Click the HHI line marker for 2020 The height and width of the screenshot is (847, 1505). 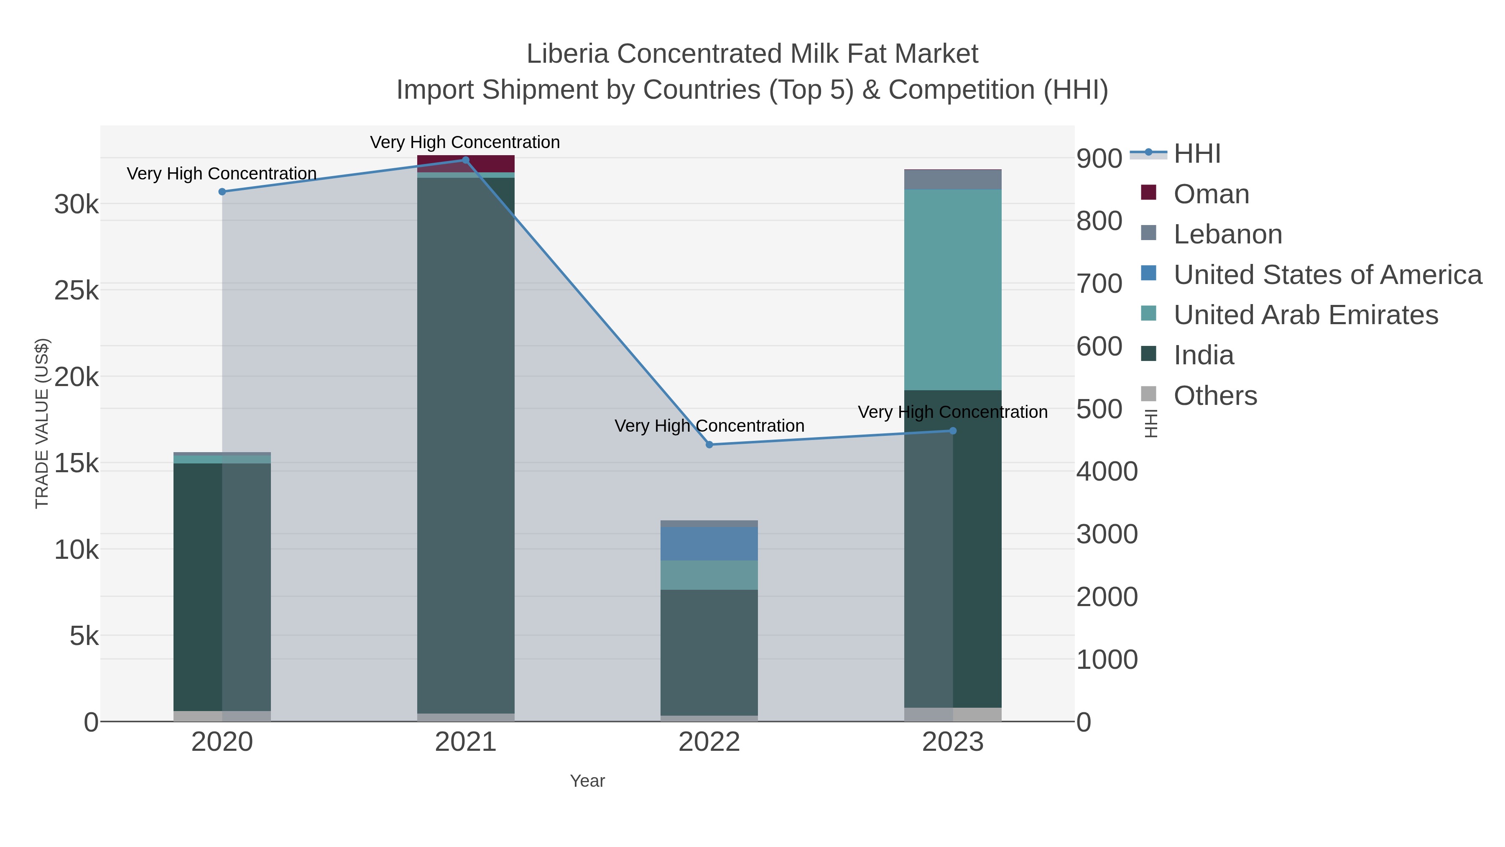222,192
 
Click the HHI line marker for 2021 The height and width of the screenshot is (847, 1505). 466,160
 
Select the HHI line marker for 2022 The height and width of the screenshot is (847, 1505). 709,445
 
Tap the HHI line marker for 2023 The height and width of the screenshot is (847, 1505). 953,431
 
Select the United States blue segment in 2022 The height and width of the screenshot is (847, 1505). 709,544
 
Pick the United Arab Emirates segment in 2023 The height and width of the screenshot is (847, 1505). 953,289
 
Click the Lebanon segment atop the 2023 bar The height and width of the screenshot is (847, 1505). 953,179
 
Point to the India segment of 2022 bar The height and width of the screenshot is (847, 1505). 709,652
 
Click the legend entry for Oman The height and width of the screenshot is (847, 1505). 1211,194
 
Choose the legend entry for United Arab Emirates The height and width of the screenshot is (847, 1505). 1305,315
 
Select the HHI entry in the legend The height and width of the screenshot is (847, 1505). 1196,154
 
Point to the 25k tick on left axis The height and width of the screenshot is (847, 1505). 77,291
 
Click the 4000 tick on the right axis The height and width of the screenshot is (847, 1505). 1107,472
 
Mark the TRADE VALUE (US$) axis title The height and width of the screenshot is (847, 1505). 42,423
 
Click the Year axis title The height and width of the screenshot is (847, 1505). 587,781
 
